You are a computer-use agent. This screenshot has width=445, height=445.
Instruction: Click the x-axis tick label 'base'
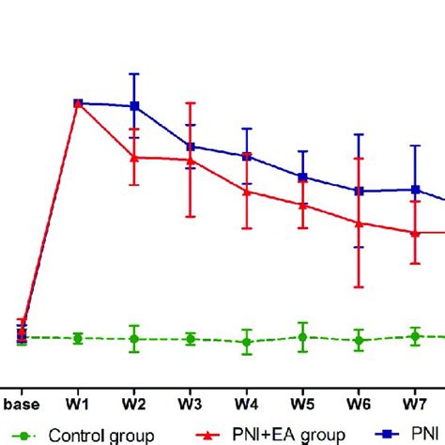tap(22, 405)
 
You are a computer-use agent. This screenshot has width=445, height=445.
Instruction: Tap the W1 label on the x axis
tap(78, 405)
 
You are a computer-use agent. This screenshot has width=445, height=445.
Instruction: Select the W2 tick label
tap(134, 405)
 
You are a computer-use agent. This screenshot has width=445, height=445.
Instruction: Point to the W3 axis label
tap(191, 405)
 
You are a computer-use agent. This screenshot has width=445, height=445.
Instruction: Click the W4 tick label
tap(247, 405)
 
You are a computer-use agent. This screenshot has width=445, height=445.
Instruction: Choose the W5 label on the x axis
tap(302, 405)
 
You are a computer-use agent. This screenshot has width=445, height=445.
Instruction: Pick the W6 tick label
tap(359, 405)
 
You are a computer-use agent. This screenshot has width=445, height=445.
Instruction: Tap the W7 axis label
tap(414, 405)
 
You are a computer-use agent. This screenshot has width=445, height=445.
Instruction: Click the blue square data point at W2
tap(134, 106)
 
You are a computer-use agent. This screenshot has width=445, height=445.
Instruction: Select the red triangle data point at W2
tap(134, 157)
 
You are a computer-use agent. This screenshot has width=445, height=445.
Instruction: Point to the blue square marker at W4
tap(247, 156)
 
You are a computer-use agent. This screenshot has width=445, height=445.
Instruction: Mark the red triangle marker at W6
tap(359, 222)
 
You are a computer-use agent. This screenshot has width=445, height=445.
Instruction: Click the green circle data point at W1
tap(78, 338)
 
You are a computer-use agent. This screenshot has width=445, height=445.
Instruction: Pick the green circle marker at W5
tap(302, 336)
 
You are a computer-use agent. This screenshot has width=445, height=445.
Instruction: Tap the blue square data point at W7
tap(414, 190)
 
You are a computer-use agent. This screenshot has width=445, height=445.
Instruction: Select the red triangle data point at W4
tap(247, 191)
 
